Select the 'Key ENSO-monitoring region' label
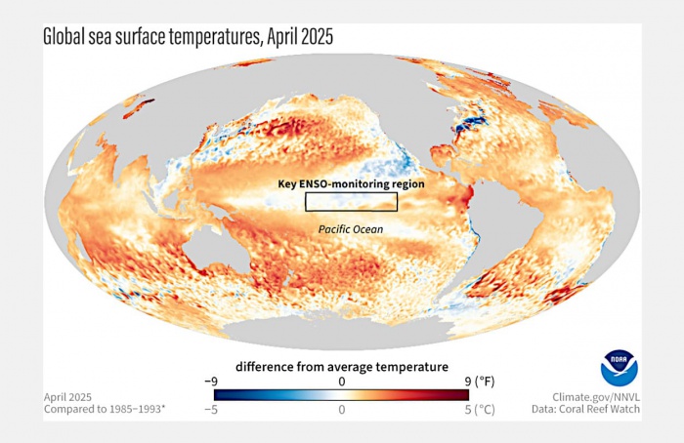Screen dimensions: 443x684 tap(346, 183)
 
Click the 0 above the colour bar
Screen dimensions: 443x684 tap(342, 382)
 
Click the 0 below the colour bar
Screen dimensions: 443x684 tap(342, 412)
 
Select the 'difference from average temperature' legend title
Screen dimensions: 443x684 tap(341, 367)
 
